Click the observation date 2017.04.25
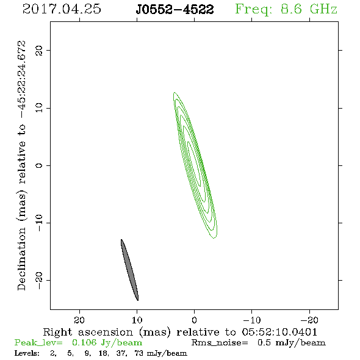[62, 9]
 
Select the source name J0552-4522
[175, 9]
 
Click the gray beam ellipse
[129, 270]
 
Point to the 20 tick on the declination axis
[39, 50]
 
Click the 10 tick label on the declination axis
[39, 108]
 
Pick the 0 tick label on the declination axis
[39, 165]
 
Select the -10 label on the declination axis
[39, 223]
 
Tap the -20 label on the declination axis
[39, 280]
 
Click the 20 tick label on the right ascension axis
[79, 320]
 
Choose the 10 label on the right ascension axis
[137, 320]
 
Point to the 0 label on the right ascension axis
[194, 320]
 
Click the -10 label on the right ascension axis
[252, 320]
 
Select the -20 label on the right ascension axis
[309, 320]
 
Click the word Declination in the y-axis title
[21, 259]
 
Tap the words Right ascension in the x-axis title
[88, 332]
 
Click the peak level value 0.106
[84, 342]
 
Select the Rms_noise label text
[220, 343]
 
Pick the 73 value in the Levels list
[139, 353]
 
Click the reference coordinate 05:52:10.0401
[279, 332]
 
